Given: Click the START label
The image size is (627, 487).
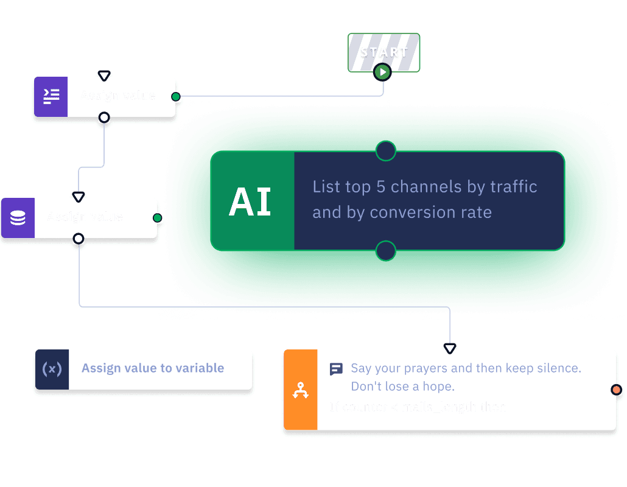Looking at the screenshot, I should (384, 52).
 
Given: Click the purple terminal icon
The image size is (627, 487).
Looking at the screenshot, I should (51, 96).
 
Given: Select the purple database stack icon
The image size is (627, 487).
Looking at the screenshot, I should (18, 217).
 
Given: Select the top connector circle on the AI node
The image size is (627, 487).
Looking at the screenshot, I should (386, 151).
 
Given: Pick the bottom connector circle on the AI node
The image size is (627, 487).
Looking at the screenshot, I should (386, 250).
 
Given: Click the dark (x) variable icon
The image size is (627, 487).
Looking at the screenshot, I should (52, 369).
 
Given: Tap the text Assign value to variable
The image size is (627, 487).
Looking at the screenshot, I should (153, 368).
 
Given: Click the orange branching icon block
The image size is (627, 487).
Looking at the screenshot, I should (300, 390).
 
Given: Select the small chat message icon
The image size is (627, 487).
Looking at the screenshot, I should (336, 369).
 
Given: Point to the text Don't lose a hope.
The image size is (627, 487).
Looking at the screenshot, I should (402, 387).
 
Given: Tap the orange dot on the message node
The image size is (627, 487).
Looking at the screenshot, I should (616, 390).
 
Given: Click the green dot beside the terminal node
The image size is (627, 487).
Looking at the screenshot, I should (176, 97).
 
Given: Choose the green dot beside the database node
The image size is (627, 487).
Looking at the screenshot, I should (157, 218).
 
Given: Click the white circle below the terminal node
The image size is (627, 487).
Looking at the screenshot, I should (104, 117).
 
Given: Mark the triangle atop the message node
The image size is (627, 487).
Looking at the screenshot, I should (449, 349).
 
